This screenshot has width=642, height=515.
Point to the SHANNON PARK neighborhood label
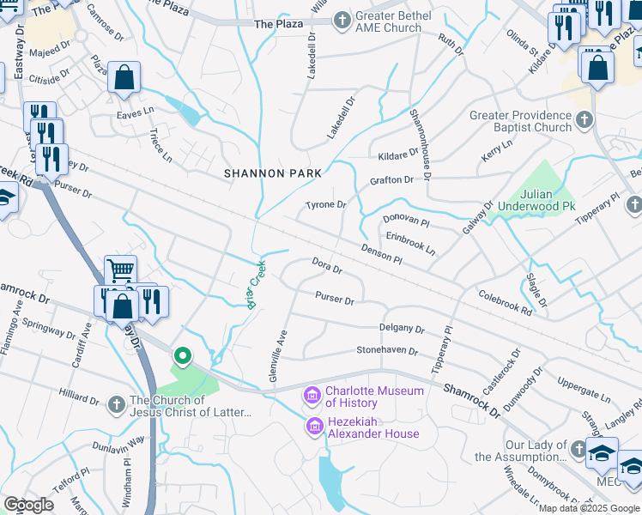(273, 173)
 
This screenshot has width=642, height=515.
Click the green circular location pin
(182, 355)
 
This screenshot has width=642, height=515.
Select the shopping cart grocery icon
(120, 270)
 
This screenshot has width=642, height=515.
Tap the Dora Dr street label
(327, 266)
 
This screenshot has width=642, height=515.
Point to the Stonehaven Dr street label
(387, 351)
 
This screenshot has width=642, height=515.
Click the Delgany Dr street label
(402, 329)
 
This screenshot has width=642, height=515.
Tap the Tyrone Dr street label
(325, 205)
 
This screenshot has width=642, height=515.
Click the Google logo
(28, 505)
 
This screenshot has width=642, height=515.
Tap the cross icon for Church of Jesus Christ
(118, 403)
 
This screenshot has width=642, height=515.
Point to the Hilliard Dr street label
(79, 398)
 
